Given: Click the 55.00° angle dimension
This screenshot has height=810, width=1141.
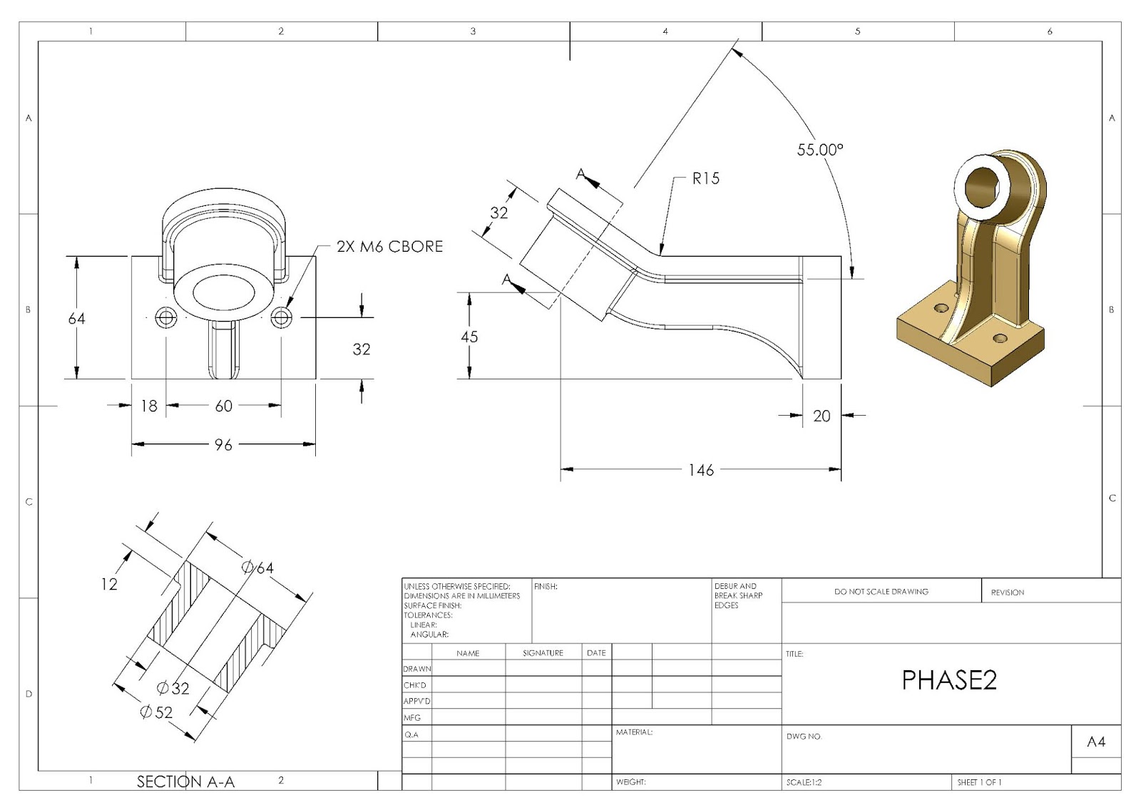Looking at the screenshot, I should [x=819, y=150].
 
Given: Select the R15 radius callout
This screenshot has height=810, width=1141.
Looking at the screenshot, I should [x=705, y=178].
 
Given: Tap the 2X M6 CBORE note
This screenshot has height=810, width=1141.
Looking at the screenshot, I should [x=389, y=247].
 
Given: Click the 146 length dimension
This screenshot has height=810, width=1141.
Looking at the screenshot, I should [x=701, y=470].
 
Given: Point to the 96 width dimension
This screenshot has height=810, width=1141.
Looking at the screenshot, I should [x=223, y=445].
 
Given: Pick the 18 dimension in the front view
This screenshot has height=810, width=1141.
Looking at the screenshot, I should [x=148, y=406].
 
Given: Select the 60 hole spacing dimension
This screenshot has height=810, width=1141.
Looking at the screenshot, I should [x=223, y=406].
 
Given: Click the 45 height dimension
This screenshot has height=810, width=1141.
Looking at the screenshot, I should [x=469, y=337].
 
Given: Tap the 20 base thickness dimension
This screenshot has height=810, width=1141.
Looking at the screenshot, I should [x=822, y=416].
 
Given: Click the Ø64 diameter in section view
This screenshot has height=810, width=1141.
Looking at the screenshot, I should [x=257, y=568].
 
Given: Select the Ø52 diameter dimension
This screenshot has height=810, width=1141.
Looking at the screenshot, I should [x=156, y=712].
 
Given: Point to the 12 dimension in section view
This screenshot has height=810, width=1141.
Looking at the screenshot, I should [x=108, y=585].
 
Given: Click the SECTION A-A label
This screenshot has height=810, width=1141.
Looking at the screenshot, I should [x=185, y=781].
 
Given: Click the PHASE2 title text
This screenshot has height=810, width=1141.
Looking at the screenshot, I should [x=949, y=680].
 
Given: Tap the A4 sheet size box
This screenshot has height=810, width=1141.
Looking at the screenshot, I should [x=1096, y=742].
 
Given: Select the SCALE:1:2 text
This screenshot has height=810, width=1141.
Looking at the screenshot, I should [x=804, y=782].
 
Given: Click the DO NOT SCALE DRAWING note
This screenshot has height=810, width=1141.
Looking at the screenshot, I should [x=881, y=592].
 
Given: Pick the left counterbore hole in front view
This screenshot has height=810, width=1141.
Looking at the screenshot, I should [x=166, y=318].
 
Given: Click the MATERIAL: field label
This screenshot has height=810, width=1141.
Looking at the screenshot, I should [x=634, y=732].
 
